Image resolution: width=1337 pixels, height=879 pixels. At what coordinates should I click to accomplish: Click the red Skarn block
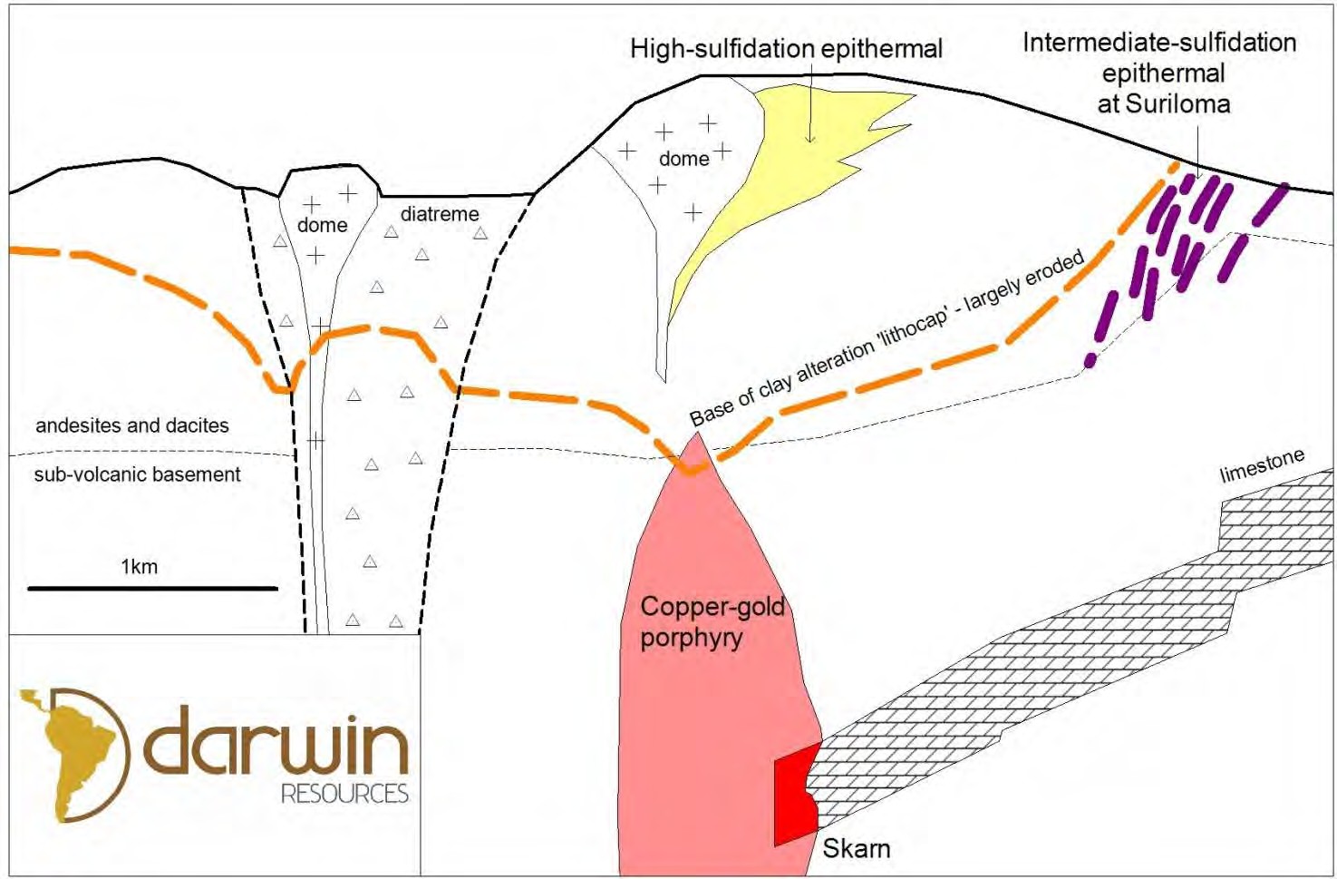tap(792, 794)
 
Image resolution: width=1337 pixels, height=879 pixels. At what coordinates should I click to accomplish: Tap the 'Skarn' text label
tap(856, 848)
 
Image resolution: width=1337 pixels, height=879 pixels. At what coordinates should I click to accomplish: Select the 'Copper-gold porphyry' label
tap(711, 621)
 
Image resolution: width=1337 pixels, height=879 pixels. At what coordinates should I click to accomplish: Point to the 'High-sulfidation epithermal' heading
tap(786, 48)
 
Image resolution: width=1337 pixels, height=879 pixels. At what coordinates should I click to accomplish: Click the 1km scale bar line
tap(152, 589)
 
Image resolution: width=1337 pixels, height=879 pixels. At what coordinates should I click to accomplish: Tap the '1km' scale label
tap(139, 567)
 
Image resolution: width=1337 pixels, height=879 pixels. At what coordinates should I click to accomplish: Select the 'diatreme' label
tap(440, 214)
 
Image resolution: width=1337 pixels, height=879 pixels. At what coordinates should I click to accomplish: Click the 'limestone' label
tap(1262, 465)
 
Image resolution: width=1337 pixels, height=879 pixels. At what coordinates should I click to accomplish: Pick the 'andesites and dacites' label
tap(132, 425)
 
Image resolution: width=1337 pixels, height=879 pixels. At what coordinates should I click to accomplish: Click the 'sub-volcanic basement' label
tap(137, 474)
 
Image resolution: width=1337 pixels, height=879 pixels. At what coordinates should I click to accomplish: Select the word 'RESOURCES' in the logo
tap(344, 794)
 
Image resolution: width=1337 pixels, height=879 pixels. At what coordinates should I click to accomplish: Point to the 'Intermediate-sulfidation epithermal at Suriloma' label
tap(1160, 73)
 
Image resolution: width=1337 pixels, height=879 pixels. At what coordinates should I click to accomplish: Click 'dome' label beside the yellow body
tap(683, 160)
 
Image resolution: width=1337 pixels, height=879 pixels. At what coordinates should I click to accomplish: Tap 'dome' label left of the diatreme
tap(322, 225)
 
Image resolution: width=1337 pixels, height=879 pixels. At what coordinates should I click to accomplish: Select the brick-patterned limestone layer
tap(1042, 671)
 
